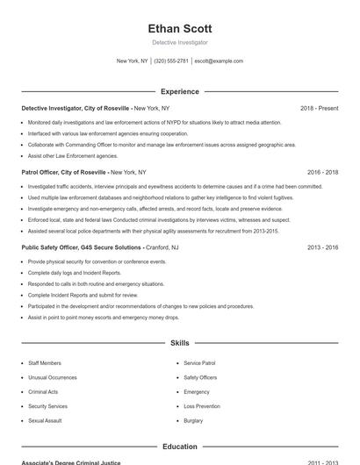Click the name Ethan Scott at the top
(180, 29)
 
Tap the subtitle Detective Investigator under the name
(180, 42)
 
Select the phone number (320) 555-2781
(171, 61)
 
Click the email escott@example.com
(219, 61)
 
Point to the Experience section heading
(180, 91)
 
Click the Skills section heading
(180, 343)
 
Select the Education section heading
(180, 447)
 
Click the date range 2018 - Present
(319, 108)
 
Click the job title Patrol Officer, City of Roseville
(63, 173)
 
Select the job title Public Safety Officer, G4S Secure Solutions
(82, 248)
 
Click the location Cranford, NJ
(162, 248)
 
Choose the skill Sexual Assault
(45, 421)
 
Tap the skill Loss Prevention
(202, 406)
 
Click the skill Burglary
(193, 421)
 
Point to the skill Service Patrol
(199, 362)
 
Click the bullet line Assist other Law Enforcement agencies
(73, 155)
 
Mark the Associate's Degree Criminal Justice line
(70, 462)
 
